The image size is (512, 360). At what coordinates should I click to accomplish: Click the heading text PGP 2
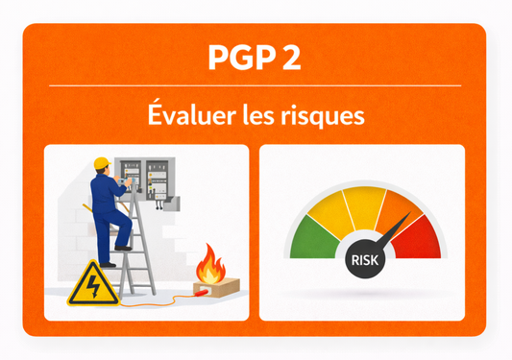pyautogui.click(x=255, y=57)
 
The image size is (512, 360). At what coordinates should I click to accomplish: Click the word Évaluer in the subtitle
pyautogui.click(x=182, y=117)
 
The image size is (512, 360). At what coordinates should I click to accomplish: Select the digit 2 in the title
pyautogui.click(x=290, y=57)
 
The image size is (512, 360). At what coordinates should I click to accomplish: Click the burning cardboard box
pyautogui.click(x=214, y=285)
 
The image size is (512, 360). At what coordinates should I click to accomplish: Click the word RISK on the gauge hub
pyautogui.click(x=362, y=258)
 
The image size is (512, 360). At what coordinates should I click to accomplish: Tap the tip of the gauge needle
pyautogui.click(x=407, y=214)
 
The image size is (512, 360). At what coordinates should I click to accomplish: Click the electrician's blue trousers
pyautogui.click(x=109, y=227)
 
